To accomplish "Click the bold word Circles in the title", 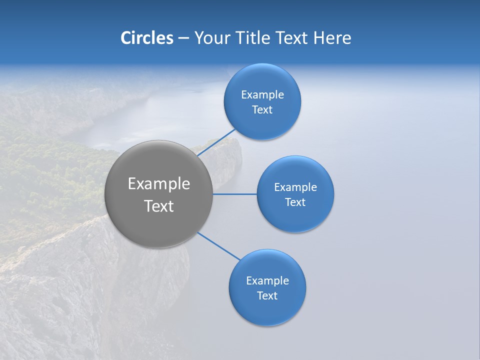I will tap(146, 38).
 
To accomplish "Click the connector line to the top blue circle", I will tap(216, 142).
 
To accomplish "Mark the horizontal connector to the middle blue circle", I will tap(234, 194).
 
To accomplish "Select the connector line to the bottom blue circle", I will tap(218, 246).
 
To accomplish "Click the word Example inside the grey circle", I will tap(159, 184).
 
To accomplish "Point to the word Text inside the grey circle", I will tap(159, 206).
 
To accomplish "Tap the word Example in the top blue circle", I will tap(262, 95).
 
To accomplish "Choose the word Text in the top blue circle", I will tap(262, 110).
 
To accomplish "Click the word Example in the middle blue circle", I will tap(295, 187).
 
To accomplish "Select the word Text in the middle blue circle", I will tap(295, 202).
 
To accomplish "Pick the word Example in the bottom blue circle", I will tap(267, 281).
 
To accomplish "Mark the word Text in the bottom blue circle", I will tap(267, 296).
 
